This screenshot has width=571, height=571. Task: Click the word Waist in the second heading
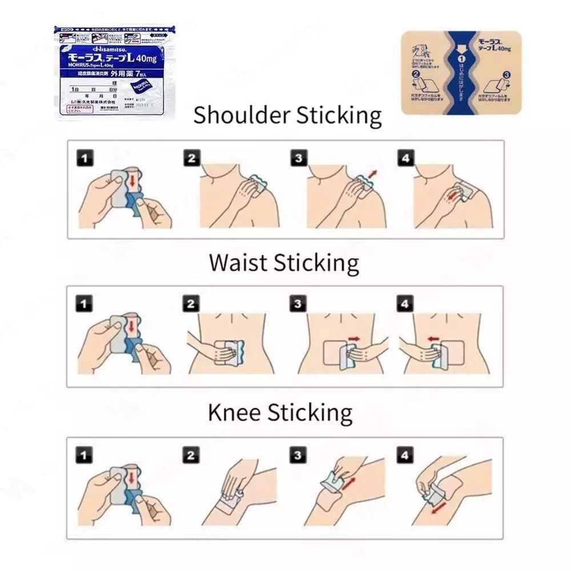tap(238, 263)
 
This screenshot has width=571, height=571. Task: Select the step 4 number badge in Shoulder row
tap(405, 158)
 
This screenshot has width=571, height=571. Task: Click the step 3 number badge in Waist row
tap(297, 304)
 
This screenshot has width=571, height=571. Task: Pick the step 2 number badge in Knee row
tap(191, 455)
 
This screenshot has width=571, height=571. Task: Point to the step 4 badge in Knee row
tap(405, 455)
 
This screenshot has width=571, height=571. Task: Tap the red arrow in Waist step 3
tap(354, 339)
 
